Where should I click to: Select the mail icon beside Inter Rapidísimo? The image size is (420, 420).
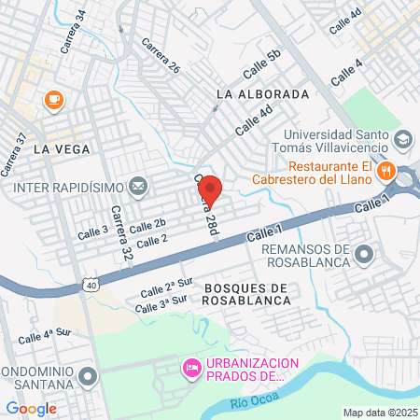[x=139, y=188]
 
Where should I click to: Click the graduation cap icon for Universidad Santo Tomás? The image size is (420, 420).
[x=403, y=140]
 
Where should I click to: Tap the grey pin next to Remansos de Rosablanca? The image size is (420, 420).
[x=364, y=254]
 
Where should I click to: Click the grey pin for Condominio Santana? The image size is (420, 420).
[x=89, y=376]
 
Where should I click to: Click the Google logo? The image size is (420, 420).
[x=31, y=408]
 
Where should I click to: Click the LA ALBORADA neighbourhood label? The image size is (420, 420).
[x=261, y=95]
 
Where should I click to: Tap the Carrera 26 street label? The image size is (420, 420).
[x=161, y=56]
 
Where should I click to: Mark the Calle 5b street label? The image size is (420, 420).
[x=261, y=64]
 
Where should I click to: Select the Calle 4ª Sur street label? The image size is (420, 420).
[x=45, y=332]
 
